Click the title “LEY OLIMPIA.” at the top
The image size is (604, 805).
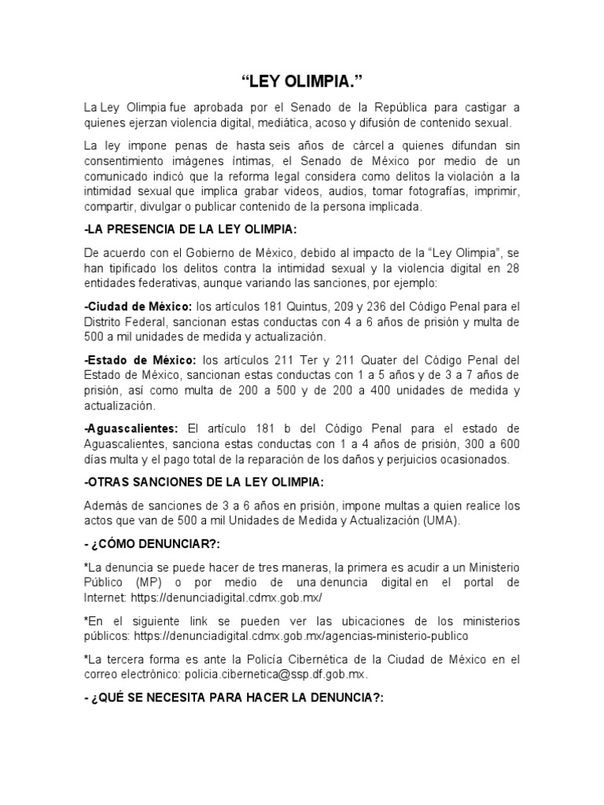tap(302, 82)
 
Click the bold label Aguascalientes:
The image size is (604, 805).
tap(131, 428)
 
